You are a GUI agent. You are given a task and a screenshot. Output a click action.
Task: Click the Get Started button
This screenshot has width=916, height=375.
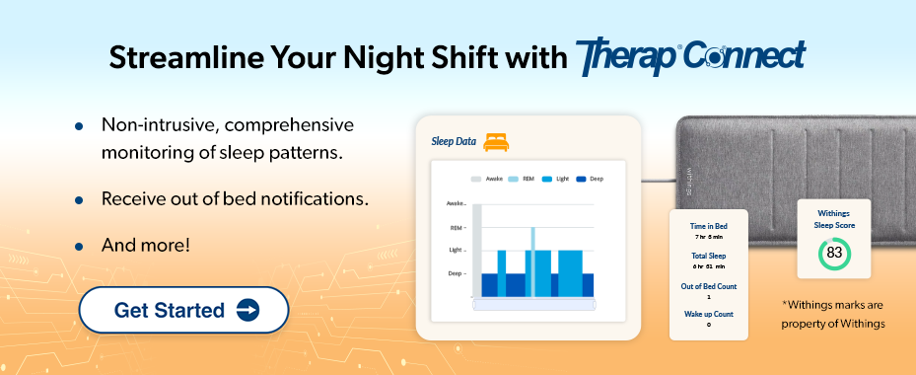pos(183,310)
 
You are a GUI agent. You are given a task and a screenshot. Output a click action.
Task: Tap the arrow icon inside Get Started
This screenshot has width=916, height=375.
pos(247,310)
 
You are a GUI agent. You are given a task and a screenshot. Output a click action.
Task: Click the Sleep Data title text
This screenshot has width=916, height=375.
pos(454,141)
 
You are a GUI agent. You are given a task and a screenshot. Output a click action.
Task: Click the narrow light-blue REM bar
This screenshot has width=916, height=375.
pos(533,262)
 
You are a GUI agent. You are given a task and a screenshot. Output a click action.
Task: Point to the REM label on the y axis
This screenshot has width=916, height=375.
pos(456,227)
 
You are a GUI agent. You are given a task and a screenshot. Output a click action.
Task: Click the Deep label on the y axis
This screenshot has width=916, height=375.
pos(456,273)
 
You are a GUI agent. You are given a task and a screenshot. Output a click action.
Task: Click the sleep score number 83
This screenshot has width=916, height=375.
pos(834,254)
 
